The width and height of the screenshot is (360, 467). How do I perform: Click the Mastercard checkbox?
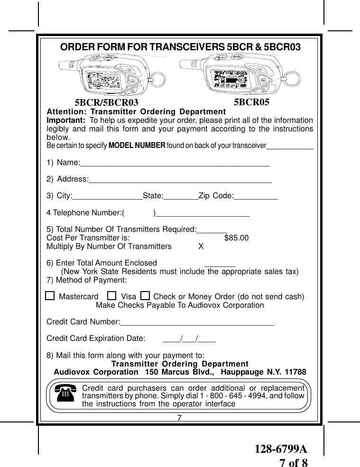(x=50, y=296)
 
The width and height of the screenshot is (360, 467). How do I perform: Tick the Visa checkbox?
(x=112, y=296)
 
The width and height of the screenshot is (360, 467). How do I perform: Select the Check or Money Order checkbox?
(x=145, y=296)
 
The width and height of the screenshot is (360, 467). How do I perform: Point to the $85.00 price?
(x=236, y=238)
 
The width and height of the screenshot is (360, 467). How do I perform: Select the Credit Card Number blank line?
(x=197, y=324)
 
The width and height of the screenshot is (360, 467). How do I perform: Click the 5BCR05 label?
(x=252, y=101)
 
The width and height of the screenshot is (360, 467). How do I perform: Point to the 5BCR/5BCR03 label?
(x=107, y=102)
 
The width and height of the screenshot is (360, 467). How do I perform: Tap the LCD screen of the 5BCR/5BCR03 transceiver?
(x=100, y=78)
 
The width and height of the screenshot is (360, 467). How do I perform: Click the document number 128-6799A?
(x=278, y=449)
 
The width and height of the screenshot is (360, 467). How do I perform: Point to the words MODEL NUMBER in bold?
(x=137, y=145)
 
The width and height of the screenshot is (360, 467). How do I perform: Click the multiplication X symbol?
(x=201, y=247)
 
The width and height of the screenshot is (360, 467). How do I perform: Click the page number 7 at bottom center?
(x=180, y=418)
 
